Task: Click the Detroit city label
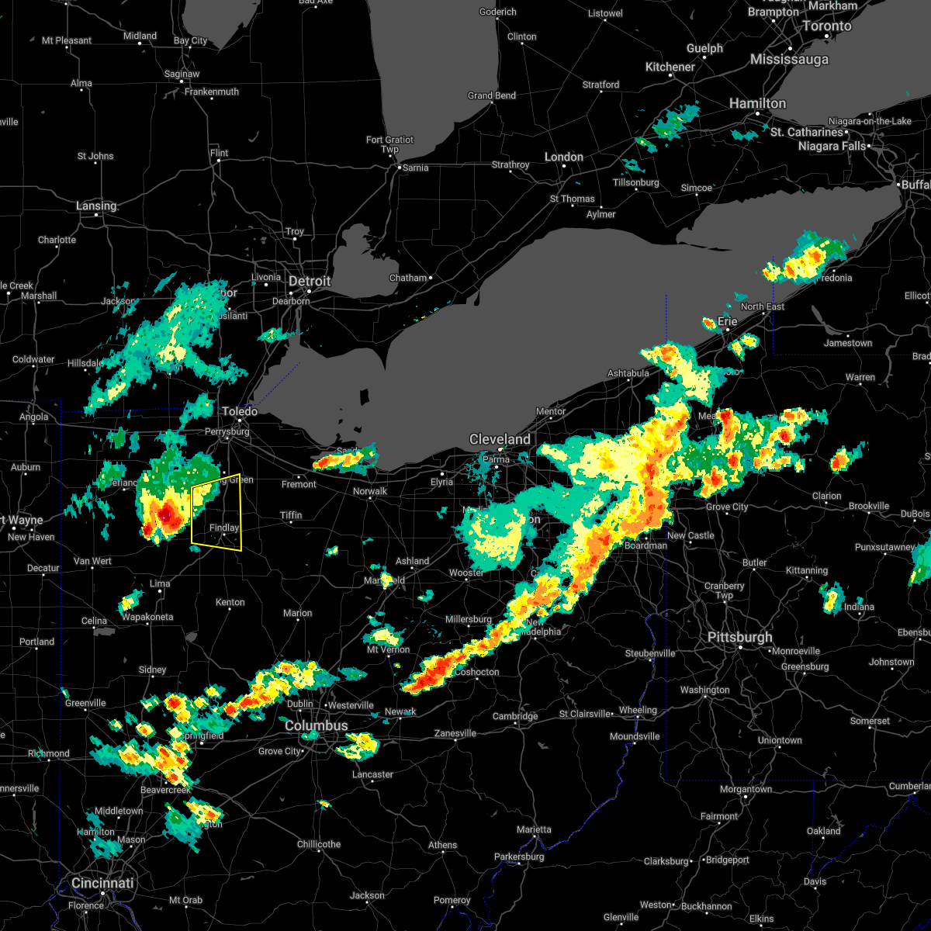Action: pos(310,281)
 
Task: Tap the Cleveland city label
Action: pos(500,439)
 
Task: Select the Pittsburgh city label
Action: pos(739,637)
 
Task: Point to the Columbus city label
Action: pos(316,725)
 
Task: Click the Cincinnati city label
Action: pos(102,883)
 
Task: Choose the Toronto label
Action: pos(826,26)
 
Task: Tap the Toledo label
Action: pos(240,411)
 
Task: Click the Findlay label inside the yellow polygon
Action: pos(223,528)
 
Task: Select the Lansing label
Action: pos(96,206)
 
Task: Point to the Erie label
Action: pos(727,321)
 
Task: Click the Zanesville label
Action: pos(455,733)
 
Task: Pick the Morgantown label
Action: pos(746,789)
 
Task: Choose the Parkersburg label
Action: pos(520,857)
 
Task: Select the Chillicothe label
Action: pos(319,844)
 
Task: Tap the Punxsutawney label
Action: pos(886,547)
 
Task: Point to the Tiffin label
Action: pos(291,515)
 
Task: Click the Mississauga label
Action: pos(789,59)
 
